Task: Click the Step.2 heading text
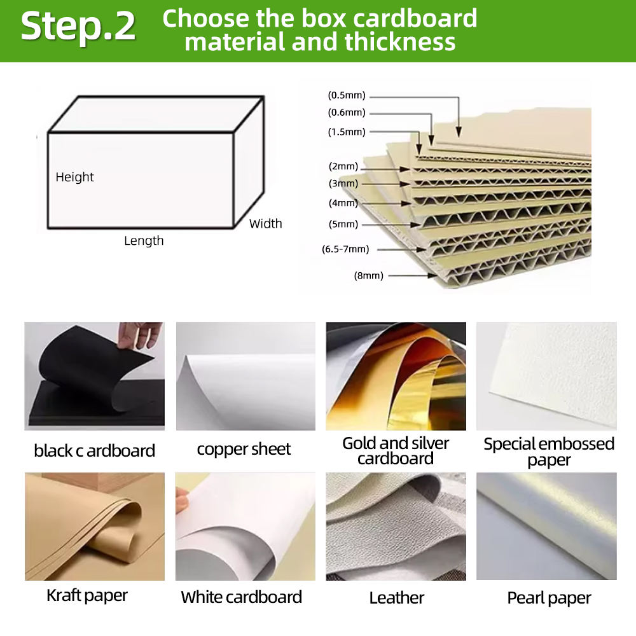pyautogui.click(x=78, y=26)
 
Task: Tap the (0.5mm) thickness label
pyautogui.click(x=347, y=95)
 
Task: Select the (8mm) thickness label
pyautogui.click(x=369, y=276)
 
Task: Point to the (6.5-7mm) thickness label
pyautogui.click(x=345, y=249)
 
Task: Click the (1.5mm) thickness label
pyautogui.click(x=347, y=132)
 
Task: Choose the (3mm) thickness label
pyautogui.click(x=343, y=183)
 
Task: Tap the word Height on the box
pyautogui.click(x=74, y=177)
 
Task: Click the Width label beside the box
pyautogui.click(x=266, y=223)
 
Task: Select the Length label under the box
pyautogui.click(x=144, y=241)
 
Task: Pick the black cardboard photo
pyautogui.click(x=95, y=376)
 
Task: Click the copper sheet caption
pyautogui.click(x=244, y=450)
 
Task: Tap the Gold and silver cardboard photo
pyautogui.click(x=396, y=376)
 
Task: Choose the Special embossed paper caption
pyautogui.click(x=549, y=452)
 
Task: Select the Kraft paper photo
pyautogui.click(x=95, y=526)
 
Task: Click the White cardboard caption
pyautogui.click(x=241, y=597)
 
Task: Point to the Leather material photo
pyautogui.click(x=396, y=526)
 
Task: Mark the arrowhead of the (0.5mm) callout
pyautogui.click(x=459, y=132)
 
